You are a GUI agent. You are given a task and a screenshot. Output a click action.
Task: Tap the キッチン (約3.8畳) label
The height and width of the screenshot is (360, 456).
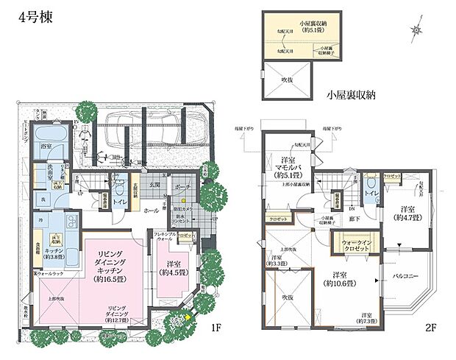coord(56,251)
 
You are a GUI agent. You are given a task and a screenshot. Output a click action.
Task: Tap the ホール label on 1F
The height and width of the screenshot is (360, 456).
coord(150,211)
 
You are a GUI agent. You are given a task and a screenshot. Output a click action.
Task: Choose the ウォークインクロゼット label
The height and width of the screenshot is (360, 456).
coord(355,246)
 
